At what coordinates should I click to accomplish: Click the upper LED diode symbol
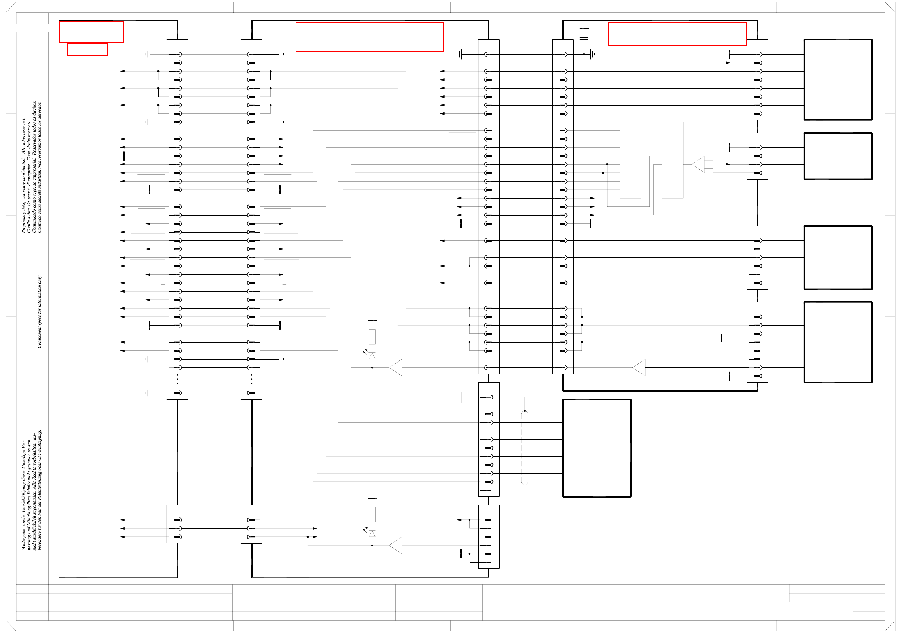[x=372, y=356]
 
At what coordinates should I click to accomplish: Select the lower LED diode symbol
[x=372, y=534]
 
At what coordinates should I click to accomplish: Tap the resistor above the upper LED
[x=372, y=337]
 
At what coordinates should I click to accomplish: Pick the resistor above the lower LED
[x=372, y=514]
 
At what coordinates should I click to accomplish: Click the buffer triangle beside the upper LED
[x=396, y=367]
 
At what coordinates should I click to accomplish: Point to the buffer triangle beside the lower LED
[x=396, y=545]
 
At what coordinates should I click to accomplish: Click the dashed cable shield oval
[x=525, y=447]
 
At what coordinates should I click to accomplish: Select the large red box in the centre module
[x=370, y=37]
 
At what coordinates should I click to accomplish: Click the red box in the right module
[x=677, y=34]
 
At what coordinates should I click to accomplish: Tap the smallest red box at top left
[x=87, y=49]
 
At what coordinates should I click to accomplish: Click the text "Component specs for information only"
[x=40, y=312]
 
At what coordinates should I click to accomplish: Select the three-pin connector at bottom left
[x=177, y=524]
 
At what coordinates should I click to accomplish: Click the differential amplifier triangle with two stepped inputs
[x=698, y=164]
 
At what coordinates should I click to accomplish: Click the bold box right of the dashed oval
[x=597, y=448]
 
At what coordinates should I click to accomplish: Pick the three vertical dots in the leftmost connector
[x=177, y=379]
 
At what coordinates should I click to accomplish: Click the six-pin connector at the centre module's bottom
[x=489, y=536]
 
